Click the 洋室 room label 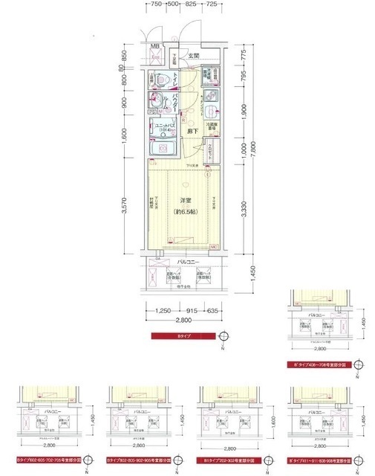184,200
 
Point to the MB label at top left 155,48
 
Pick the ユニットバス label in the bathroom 164,125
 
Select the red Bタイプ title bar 183,337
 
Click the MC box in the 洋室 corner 213,247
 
